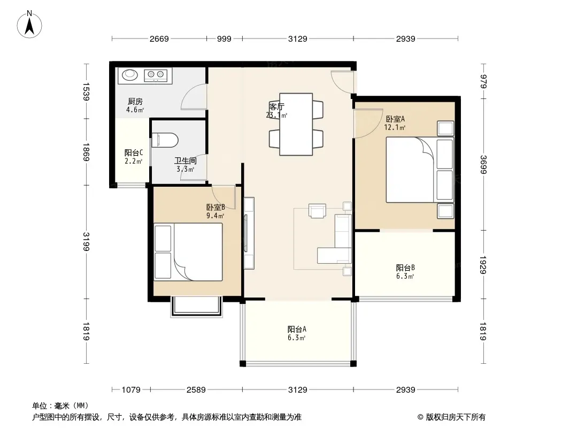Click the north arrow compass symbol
point(29,25)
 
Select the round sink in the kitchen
point(130,75)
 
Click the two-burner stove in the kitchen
point(156,75)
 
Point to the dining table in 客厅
point(296,124)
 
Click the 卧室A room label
point(395,119)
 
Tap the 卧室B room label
point(215,207)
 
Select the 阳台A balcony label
point(297,329)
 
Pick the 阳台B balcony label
point(405,267)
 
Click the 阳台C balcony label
point(134,152)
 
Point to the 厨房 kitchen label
point(135,102)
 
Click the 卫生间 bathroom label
point(186,160)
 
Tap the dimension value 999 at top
point(224,39)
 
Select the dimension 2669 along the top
point(159,39)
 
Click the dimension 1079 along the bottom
point(131,390)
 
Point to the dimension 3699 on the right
point(483,165)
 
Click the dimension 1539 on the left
point(86,91)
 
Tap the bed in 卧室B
point(188,252)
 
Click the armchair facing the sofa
point(318,210)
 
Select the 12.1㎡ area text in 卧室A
point(395,127)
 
